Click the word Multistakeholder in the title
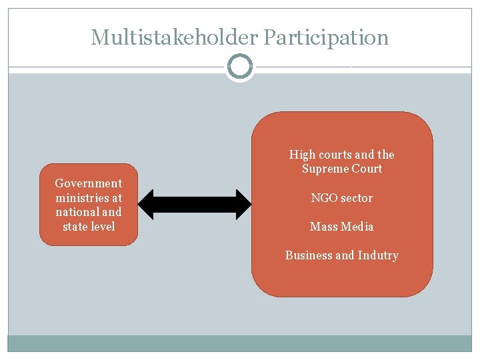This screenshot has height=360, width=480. point(175,37)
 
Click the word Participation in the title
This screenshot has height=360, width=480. point(326,37)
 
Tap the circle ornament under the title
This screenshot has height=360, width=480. point(240,67)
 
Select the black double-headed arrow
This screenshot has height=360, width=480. point(195,205)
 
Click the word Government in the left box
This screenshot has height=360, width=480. point(89,183)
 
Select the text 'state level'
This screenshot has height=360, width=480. point(89,227)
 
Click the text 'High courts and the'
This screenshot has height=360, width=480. point(341,155)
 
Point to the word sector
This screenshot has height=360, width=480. point(357,198)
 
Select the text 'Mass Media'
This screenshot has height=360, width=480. point(341,227)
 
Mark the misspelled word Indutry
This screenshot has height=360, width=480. point(378,255)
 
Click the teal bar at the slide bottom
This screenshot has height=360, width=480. point(240,343)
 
